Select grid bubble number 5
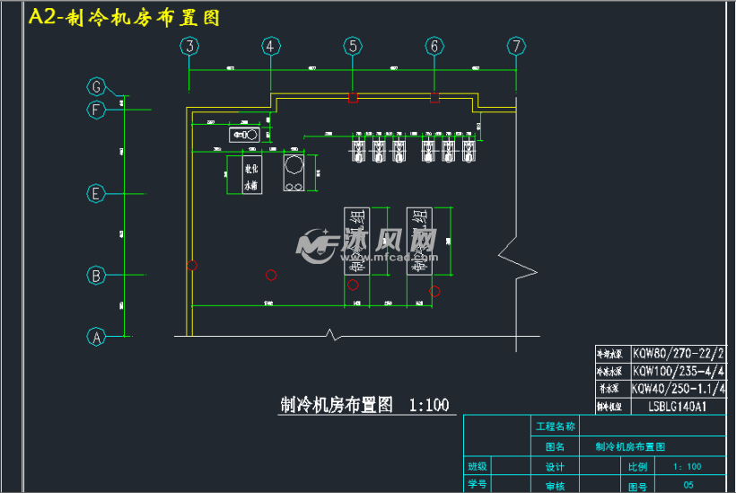pyautogui.click(x=353, y=46)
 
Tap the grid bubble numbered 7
pyautogui.click(x=515, y=46)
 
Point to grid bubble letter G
pyautogui.click(x=96, y=87)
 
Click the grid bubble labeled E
pyautogui.click(x=96, y=194)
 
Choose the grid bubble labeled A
pyautogui.click(x=96, y=337)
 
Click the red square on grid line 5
pyautogui.click(x=353, y=97)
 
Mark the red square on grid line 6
pyautogui.click(x=434, y=97)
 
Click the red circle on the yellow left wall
pyautogui.click(x=192, y=265)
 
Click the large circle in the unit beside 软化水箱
pyautogui.click(x=294, y=165)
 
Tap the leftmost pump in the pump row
pyautogui.click(x=357, y=150)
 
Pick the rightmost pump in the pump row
pyautogui.click(x=468, y=150)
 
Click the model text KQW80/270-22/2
pyautogui.click(x=679, y=354)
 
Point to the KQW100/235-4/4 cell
pyautogui.click(x=679, y=371)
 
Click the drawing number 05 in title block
pyautogui.click(x=688, y=485)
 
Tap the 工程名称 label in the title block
pyautogui.click(x=555, y=426)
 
